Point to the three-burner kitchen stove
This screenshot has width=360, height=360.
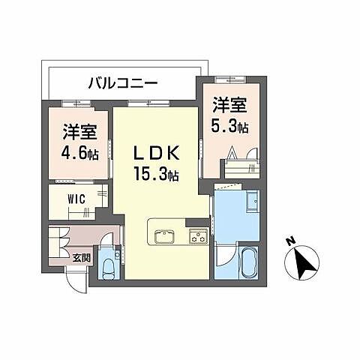coord(197,238)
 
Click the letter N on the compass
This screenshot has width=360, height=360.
coord(289,242)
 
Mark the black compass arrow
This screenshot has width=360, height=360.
coord(304,263)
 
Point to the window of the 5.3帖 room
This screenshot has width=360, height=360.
coord(225,79)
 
